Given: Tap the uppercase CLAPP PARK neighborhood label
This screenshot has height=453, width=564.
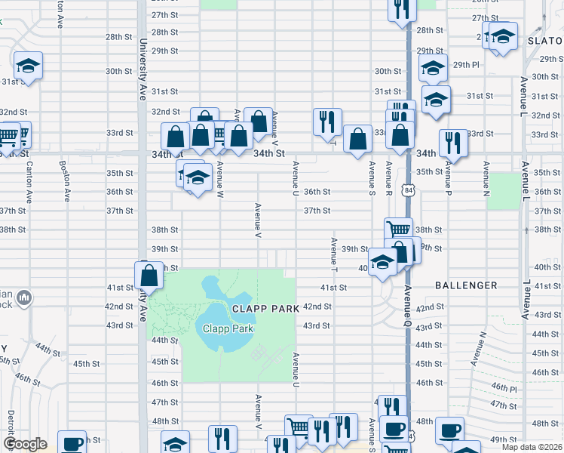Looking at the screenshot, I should tap(262, 309).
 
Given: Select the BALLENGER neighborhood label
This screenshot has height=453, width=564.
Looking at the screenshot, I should tap(466, 285).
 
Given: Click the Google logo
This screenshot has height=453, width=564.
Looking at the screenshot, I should tap(25, 444).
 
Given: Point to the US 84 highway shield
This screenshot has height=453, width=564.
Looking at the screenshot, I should tap(408, 186).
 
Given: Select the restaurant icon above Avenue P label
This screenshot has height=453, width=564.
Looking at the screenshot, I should tap(453, 143).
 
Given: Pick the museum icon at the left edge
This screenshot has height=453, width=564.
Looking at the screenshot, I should tap(23, 299).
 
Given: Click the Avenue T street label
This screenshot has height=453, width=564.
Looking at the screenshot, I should tap(333, 256).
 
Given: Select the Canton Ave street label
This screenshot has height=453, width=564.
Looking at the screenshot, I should tap(30, 186).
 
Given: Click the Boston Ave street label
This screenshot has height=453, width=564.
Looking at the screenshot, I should tap(67, 183).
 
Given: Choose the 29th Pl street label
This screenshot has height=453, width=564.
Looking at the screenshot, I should tap(466, 65).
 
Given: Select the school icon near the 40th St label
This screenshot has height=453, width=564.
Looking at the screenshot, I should tap(383, 263).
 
